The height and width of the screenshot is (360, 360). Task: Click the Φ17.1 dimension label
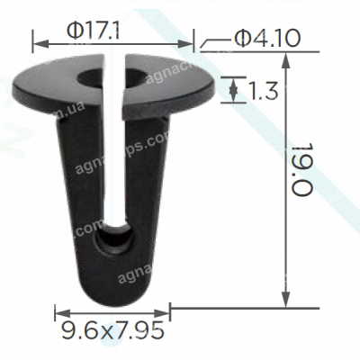tap(94, 31)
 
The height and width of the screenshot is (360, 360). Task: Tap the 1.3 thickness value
tap(261, 89)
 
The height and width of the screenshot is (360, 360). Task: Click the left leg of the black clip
tap(79, 198)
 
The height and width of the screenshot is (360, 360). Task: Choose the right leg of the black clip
tap(143, 198)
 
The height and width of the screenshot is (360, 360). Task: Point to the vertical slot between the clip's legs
tap(112, 162)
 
